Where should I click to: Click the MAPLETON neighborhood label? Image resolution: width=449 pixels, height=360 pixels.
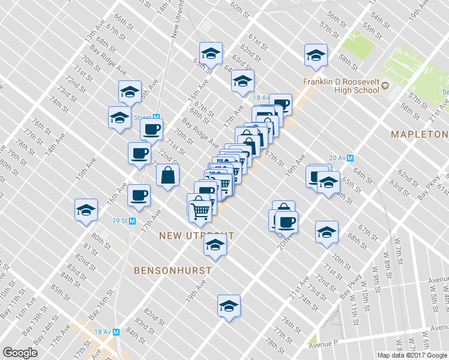click(x=420, y=134)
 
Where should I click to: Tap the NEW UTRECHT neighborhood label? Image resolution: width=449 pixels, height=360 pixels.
click(x=196, y=236)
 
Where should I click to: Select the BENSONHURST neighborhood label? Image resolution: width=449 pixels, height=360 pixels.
click(x=172, y=270)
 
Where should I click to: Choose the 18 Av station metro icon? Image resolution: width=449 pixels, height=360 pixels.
click(x=117, y=331)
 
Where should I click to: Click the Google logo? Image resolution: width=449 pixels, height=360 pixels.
click(x=20, y=353)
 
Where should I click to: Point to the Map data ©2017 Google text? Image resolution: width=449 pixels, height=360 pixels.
click(x=412, y=355)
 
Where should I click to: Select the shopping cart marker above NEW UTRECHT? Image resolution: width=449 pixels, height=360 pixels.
click(x=199, y=208)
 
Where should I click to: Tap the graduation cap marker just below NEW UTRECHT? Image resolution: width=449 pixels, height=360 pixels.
click(x=214, y=244)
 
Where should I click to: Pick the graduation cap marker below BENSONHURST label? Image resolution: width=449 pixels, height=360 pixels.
click(x=228, y=306)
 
